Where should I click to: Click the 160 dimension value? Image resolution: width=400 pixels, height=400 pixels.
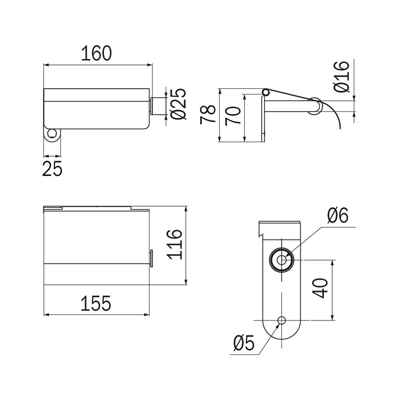pyautogui.click(x=96, y=53)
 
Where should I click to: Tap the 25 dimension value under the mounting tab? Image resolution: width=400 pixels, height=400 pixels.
pyautogui.click(x=52, y=168)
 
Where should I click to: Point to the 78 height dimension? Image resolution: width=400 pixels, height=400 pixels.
pyautogui.click(x=208, y=115)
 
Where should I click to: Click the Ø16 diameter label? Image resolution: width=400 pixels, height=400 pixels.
pyautogui.click(x=341, y=77)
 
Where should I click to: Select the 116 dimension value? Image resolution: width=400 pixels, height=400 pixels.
pyautogui.click(x=175, y=244)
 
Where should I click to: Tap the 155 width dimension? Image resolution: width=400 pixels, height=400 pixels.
pyautogui.click(x=96, y=304)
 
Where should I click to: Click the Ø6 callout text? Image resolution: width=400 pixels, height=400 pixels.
pyautogui.click(x=337, y=215)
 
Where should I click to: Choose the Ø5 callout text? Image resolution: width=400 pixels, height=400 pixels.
pyautogui.click(x=244, y=343)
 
